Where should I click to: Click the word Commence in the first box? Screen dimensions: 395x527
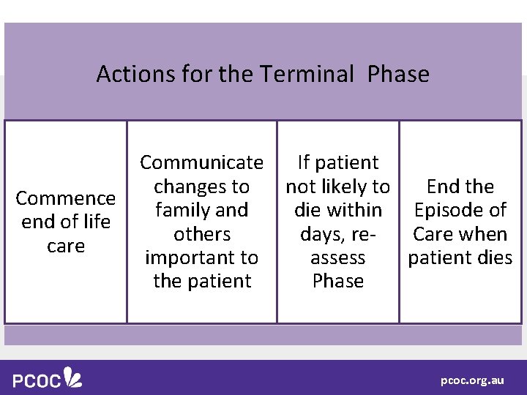click(66, 199)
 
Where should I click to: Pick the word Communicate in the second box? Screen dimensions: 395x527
click(202, 162)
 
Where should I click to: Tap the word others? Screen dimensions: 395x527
click(202, 234)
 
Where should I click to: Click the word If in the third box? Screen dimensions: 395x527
click(304, 162)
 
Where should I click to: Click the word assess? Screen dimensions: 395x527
click(337, 258)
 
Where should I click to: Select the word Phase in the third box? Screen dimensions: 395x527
click(337, 282)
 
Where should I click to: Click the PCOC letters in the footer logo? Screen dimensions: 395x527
click(37, 380)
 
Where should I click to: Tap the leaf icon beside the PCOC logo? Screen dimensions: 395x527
click(73, 377)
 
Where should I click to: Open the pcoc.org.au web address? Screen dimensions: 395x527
click(472, 381)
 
